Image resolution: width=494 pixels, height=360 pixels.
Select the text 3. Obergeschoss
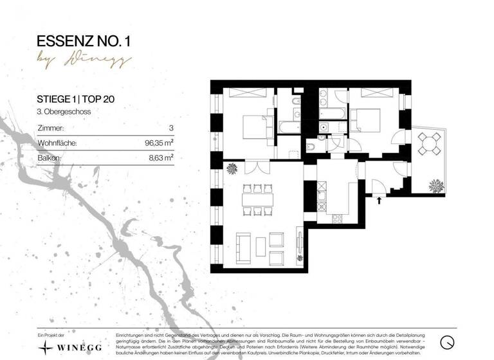coord(63,111)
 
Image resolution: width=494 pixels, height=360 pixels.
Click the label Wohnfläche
coord(57,143)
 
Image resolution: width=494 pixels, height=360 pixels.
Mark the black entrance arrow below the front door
coord(378,200)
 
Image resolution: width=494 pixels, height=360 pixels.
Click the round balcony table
coord(430,143)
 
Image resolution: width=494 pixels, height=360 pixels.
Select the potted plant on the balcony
coord(437,184)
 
